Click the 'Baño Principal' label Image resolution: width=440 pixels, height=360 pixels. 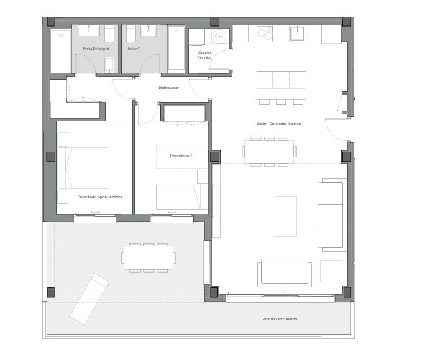(95, 49)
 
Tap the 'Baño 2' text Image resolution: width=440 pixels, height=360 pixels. (133, 49)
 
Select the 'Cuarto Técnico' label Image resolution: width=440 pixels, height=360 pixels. (205, 55)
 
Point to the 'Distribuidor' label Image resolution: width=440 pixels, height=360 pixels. (169, 88)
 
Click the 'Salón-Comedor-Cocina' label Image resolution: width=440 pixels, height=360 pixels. (279, 124)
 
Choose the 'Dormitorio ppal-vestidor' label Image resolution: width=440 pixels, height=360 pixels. (100, 196)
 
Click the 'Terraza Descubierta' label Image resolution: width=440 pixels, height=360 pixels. (280, 318)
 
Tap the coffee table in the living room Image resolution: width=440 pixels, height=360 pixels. (285, 216)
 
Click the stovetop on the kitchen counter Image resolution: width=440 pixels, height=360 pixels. (265, 33)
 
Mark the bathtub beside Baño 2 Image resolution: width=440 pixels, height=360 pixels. (176, 49)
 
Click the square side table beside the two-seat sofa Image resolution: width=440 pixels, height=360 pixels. (331, 271)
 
